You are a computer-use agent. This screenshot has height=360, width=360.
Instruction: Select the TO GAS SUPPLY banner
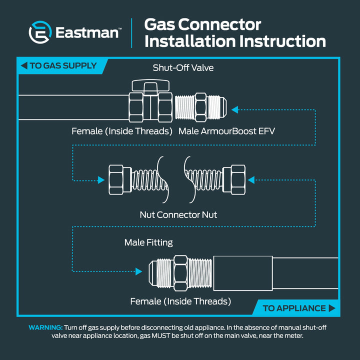[x=62, y=65]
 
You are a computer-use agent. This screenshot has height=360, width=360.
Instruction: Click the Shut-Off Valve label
[x=183, y=67]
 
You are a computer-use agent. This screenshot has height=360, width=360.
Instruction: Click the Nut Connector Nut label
[x=178, y=215]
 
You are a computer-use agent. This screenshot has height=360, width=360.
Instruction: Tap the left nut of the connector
[x=120, y=180]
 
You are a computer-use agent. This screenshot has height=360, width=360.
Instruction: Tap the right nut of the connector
[x=234, y=179]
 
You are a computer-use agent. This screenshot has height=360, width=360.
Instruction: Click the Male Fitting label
[x=148, y=242]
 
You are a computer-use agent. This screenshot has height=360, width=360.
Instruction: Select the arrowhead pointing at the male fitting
[x=139, y=271]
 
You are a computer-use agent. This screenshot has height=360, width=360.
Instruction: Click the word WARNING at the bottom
[x=45, y=327]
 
